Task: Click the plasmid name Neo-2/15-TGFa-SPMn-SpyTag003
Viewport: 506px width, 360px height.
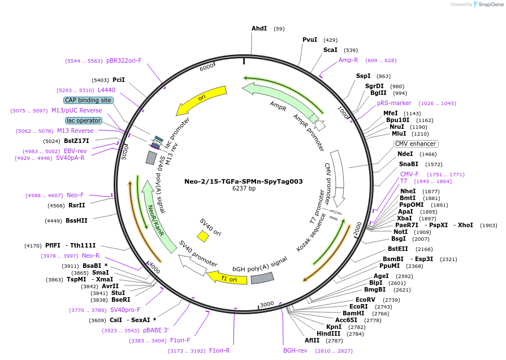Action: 244,181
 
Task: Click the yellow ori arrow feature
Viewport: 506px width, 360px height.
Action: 201,99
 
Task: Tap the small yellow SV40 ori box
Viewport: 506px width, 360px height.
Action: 203,236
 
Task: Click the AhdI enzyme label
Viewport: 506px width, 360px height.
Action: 259,28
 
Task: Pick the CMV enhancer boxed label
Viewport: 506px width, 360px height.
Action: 417,144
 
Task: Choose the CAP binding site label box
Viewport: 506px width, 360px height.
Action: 88,100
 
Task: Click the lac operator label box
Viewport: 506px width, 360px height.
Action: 84,120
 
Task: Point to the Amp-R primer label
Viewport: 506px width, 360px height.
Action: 348,60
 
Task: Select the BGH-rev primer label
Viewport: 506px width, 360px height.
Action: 295,350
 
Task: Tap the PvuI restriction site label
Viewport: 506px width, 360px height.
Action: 310,40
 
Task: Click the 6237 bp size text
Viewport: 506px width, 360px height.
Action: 244,189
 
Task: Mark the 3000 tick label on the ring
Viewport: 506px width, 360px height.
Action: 266,304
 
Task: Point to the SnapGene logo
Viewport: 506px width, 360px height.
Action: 486,5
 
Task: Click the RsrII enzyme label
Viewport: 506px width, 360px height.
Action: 76,206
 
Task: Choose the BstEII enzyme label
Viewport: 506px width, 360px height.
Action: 397,249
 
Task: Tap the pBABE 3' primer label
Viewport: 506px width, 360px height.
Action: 155,330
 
